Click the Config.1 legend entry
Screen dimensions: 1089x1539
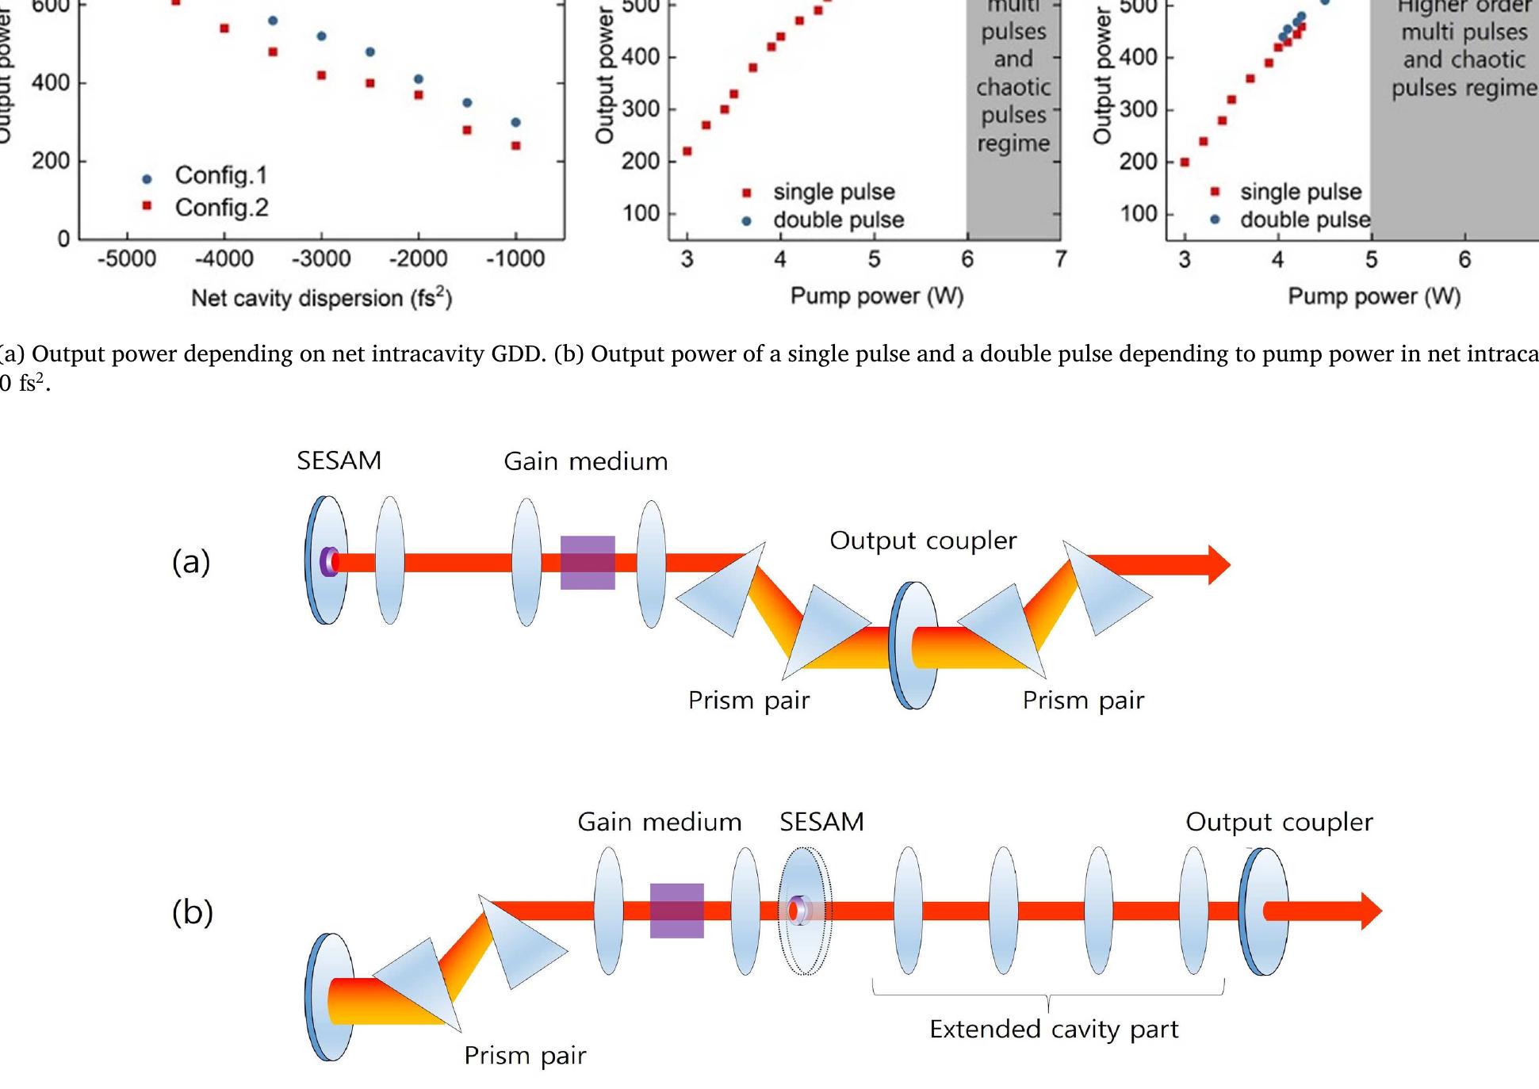click(220, 175)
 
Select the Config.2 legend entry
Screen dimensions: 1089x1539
click(221, 208)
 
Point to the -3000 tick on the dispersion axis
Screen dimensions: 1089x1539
click(321, 259)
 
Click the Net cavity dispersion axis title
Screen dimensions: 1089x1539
click(321, 298)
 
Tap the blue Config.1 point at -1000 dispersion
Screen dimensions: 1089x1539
click(516, 122)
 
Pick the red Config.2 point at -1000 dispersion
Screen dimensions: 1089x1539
click(516, 146)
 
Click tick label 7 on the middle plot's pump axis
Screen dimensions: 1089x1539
click(1061, 259)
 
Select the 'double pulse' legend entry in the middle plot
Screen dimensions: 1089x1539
click(838, 220)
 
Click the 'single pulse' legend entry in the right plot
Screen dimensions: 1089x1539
click(1300, 192)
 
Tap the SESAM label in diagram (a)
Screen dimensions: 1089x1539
click(339, 460)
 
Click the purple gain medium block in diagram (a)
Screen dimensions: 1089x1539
click(588, 563)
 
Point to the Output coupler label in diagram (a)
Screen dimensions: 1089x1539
click(923, 541)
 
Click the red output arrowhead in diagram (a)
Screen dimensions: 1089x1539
click(1218, 565)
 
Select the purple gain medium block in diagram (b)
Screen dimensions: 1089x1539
click(677, 911)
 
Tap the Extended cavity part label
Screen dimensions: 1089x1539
click(1054, 1029)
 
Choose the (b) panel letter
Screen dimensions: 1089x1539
click(193, 912)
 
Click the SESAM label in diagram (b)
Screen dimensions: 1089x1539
click(821, 822)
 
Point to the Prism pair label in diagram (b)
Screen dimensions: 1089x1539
click(525, 1055)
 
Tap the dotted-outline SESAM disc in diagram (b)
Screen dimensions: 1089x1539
click(805, 911)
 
